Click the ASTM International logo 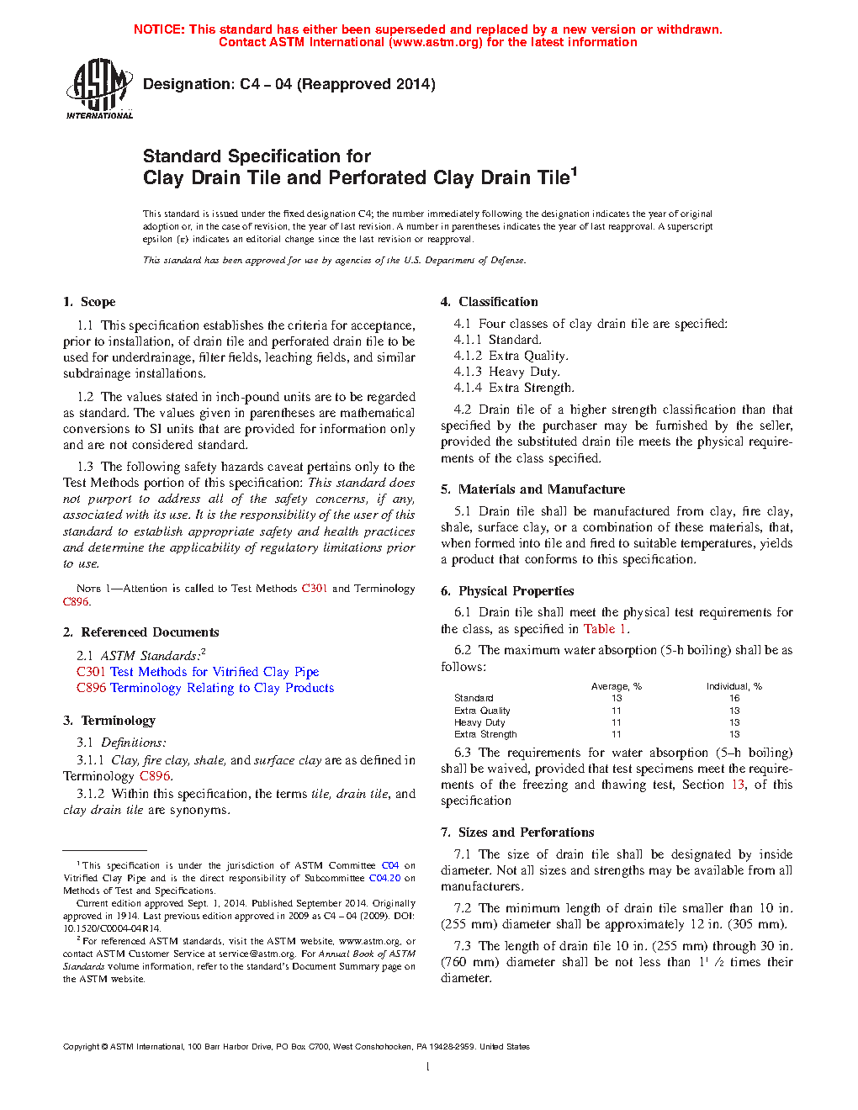[x=99, y=88]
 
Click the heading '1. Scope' [x=89, y=302]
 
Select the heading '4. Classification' [x=490, y=302]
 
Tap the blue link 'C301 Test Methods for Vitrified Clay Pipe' [x=198, y=672]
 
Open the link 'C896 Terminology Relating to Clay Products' [x=205, y=688]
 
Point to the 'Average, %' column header [x=616, y=686]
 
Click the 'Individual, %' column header [x=734, y=686]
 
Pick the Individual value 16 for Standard [x=734, y=698]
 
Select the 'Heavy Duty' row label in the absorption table [x=479, y=722]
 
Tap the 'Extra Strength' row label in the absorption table [x=485, y=734]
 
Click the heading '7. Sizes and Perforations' [x=517, y=832]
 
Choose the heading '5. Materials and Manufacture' [x=532, y=489]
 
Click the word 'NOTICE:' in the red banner [x=159, y=29]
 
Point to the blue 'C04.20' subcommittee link [x=384, y=878]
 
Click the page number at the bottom [x=428, y=1067]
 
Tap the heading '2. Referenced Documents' [x=140, y=632]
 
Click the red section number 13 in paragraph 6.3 [x=738, y=785]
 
